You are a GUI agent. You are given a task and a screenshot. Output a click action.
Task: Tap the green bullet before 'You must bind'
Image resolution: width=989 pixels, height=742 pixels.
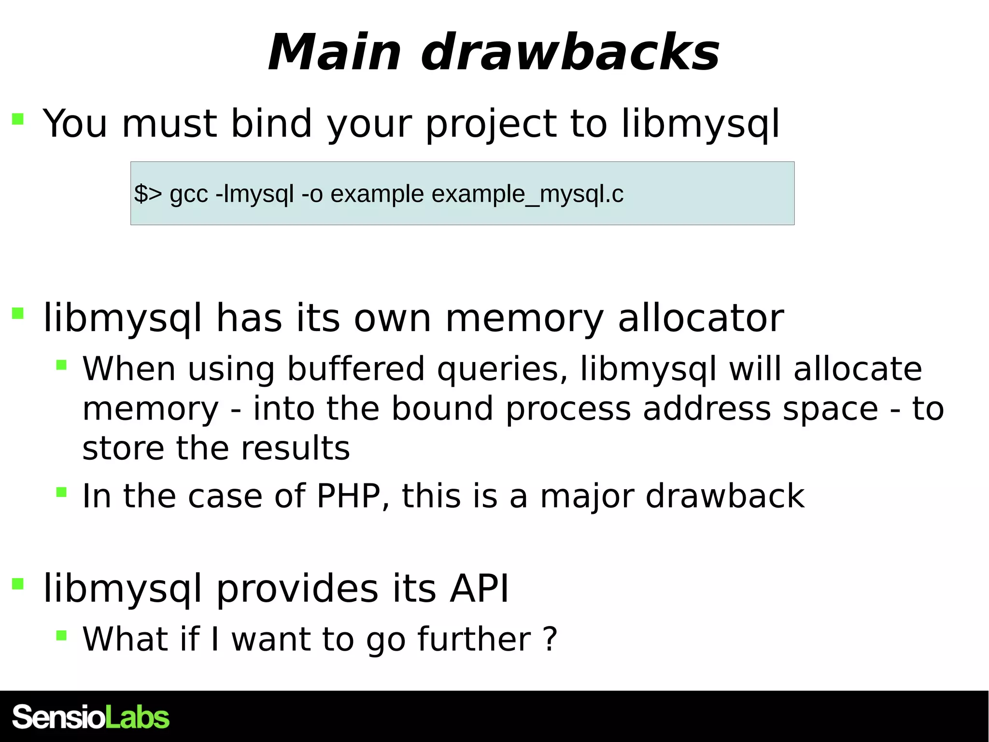18,119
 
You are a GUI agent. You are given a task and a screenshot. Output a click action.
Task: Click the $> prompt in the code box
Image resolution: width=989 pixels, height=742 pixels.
148,194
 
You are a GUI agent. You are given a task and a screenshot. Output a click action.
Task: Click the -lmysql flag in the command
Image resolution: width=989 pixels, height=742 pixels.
254,194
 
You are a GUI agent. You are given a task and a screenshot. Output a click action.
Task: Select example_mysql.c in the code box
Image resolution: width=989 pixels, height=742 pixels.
527,194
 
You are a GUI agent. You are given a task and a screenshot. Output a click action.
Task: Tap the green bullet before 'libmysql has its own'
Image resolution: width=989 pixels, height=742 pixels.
18,314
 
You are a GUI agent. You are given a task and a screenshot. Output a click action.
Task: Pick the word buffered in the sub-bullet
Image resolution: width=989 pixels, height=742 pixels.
356,369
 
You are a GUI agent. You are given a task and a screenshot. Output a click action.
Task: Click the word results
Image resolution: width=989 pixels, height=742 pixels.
295,448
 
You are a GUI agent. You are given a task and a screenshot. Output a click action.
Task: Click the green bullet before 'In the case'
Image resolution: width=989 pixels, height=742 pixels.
61,493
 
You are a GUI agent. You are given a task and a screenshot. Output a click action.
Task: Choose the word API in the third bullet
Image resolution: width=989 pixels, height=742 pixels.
479,589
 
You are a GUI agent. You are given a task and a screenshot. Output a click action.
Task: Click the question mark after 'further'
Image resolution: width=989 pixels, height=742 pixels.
550,639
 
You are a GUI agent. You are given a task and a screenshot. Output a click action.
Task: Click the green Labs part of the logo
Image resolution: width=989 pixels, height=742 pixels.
137,717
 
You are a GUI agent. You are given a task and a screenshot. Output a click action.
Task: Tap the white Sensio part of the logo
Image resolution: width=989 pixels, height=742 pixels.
58,717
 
